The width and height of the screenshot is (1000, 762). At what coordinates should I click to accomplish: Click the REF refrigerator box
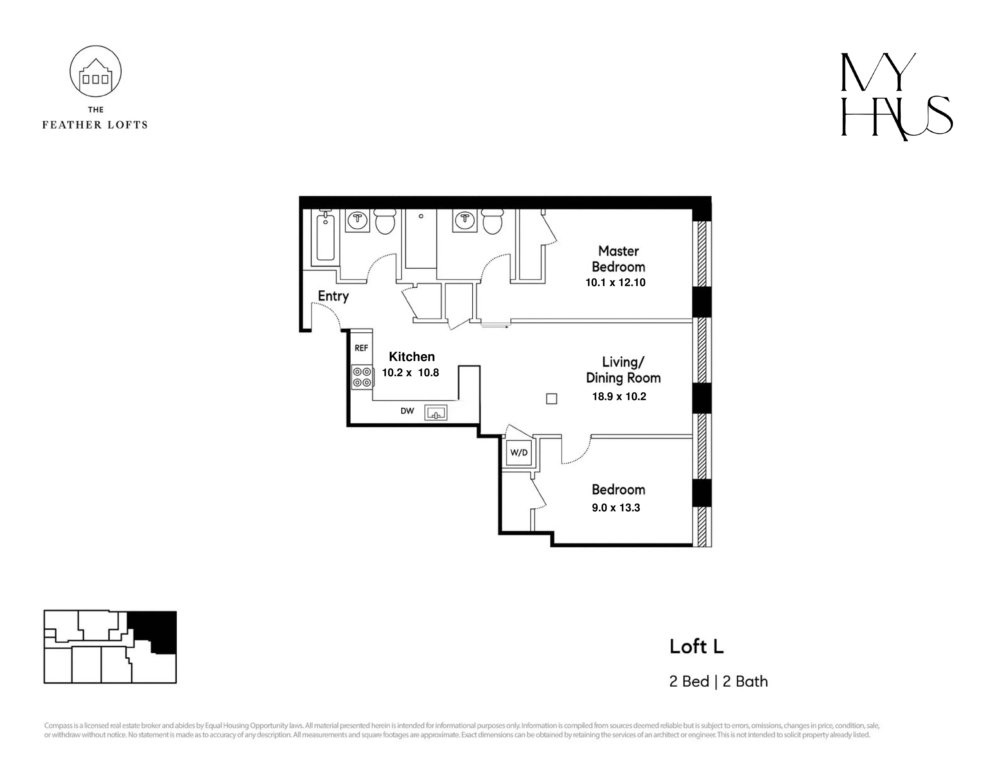pyautogui.click(x=361, y=348)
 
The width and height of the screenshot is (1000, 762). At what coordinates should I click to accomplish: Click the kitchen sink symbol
pyautogui.click(x=435, y=413)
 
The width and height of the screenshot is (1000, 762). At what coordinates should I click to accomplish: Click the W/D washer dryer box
pyautogui.click(x=519, y=453)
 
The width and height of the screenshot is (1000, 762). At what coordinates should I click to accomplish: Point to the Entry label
pyautogui.click(x=333, y=296)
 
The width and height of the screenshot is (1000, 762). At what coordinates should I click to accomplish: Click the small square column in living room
pyautogui.click(x=551, y=399)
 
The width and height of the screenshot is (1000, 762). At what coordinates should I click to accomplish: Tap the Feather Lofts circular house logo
pyautogui.click(x=95, y=71)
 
